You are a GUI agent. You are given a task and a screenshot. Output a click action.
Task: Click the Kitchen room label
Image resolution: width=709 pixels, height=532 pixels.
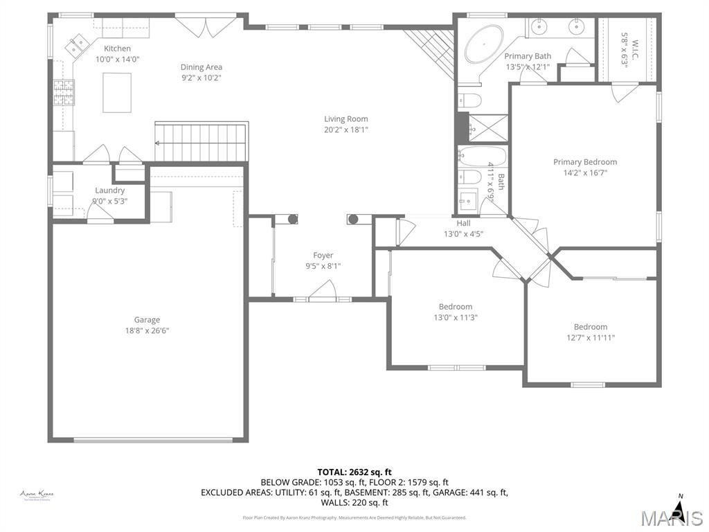pos(117,48)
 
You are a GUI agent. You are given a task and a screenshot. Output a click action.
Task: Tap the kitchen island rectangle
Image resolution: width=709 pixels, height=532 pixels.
pos(117,93)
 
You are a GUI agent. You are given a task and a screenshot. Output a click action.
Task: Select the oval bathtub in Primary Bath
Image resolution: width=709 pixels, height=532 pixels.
pos(484,44)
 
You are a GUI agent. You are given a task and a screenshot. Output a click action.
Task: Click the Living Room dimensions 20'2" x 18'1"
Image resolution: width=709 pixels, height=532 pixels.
pos(345,130)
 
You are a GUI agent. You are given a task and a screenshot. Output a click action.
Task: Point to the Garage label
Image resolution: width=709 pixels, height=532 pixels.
pos(147,319)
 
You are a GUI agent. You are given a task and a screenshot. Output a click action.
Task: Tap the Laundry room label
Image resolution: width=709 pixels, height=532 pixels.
pos(109,190)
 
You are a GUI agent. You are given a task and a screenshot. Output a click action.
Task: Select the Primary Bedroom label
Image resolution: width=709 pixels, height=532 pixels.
pos(584,162)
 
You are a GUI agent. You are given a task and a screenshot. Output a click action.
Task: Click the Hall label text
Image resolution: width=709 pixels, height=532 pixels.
pos(463,223)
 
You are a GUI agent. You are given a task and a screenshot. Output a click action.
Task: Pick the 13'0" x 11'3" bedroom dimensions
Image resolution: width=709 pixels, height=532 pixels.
pos(455,317)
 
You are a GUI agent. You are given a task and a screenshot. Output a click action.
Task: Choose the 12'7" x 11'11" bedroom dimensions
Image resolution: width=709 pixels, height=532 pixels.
pos(590,338)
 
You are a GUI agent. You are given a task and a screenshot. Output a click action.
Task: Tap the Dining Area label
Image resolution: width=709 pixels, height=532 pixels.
pos(201,67)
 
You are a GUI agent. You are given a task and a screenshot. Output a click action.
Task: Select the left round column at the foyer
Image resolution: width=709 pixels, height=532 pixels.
pos(292,220)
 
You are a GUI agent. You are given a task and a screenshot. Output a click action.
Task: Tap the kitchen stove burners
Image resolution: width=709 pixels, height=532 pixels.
pos(64,93)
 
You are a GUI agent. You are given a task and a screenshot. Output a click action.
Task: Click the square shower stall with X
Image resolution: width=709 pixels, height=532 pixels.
pos(483,128)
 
